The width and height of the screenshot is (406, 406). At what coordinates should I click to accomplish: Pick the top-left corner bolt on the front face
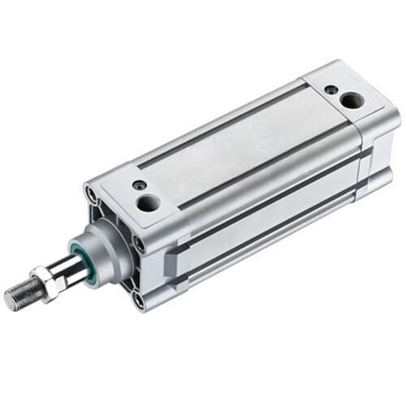[92, 196]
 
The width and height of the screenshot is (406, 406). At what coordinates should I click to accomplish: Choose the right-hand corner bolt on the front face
[139, 243]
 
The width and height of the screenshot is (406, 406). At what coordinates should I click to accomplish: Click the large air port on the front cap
[148, 202]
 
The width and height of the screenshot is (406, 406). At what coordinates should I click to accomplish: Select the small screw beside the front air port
[140, 185]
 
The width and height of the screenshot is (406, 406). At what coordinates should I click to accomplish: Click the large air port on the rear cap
[352, 101]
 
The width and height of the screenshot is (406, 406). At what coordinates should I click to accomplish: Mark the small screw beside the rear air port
[331, 89]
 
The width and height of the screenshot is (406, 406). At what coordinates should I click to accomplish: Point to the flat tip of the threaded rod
[10, 300]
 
